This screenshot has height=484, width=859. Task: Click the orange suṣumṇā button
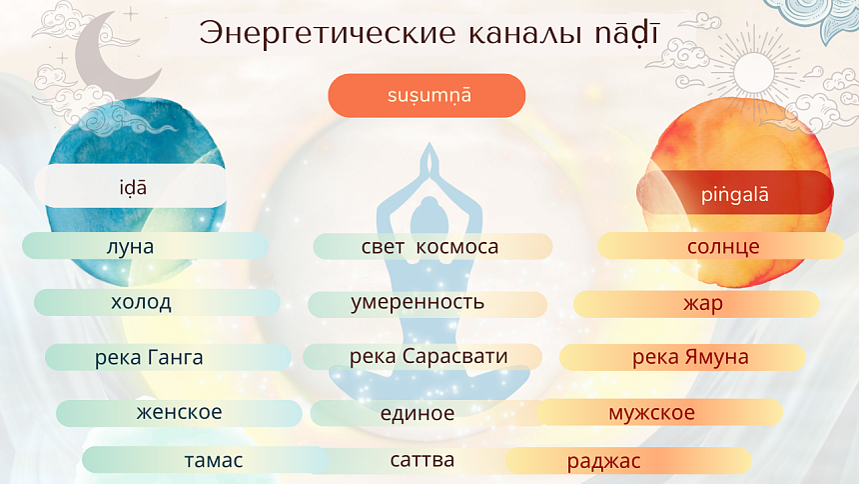click(x=427, y=96)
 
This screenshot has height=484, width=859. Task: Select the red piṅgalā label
click(x=734, y=192)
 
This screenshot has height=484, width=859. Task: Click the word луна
click(x=130, y=246)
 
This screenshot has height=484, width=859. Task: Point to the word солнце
click(x=723, y=246)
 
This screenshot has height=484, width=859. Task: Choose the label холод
click(x=141, y=302)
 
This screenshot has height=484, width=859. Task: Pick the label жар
click(x=703, y=303)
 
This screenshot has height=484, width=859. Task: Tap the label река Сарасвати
click(x=429, y=356)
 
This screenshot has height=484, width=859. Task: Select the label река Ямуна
click(x=690, y=357)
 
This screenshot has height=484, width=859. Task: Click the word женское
click(x=180, y=412)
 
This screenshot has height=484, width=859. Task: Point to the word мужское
click(x=651, y=412)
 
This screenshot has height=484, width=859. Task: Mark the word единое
click(x=418, y=413)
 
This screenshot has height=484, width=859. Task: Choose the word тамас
click(x=214, y=461)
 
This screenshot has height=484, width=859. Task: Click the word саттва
click(x=423, y=460)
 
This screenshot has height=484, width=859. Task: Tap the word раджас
click(x=603, y=461)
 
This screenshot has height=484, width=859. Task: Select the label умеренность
click(x=418, y=302)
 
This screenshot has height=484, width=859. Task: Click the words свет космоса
click(x=429, y=246)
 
